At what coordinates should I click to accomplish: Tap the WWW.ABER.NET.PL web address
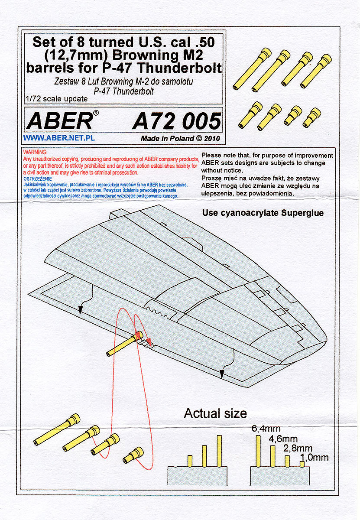[59, 138]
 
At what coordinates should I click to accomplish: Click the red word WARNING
[34, 153]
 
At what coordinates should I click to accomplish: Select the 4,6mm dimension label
[283, 439]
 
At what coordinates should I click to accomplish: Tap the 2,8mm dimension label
[300, 448]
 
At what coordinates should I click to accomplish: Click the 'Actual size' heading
[215, 413]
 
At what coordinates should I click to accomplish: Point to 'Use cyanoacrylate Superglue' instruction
[263, 213]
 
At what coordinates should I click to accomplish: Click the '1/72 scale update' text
[56, 99]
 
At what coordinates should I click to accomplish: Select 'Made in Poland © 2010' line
[181, 139]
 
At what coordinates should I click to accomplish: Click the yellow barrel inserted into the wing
[124, 345]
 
